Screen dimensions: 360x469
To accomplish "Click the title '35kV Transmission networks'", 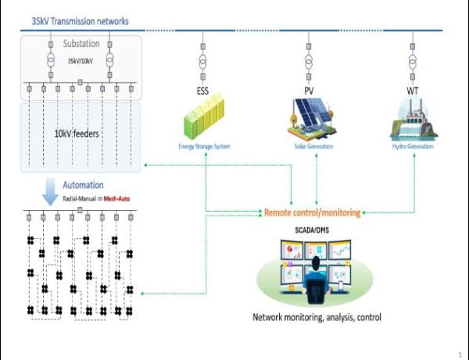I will (x=81, y=22).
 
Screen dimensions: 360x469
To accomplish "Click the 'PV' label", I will (x=309, y=91).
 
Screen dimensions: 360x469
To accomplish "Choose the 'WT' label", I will (x=412, y=91).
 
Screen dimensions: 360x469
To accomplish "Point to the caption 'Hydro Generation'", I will (x=413, y=146).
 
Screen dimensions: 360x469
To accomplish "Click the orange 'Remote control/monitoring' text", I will (x=313, y=212).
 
